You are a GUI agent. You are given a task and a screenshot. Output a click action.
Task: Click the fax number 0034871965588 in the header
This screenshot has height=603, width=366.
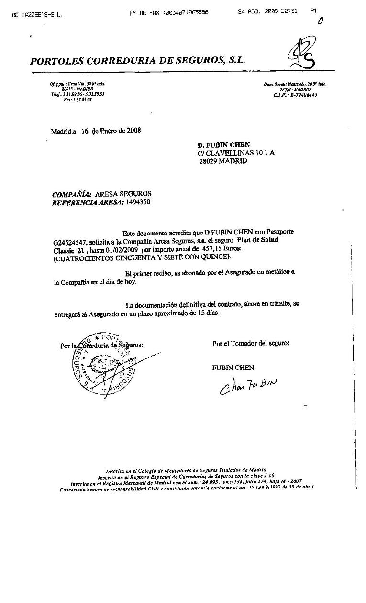(x=186, y=13)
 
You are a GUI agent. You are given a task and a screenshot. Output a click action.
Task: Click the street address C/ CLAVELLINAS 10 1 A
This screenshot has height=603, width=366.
(x=236, y=153)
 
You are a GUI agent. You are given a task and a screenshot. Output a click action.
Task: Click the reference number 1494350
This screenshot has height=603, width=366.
(x=134, y=202)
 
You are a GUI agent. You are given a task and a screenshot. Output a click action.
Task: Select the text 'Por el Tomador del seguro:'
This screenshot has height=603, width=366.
(x=251, y=343)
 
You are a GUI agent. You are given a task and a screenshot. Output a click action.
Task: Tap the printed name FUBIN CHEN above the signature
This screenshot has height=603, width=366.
(x=233, y=368)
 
